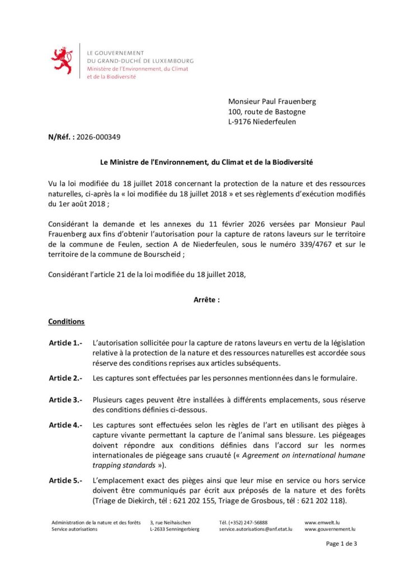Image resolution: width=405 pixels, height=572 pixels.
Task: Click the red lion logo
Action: point(62,60)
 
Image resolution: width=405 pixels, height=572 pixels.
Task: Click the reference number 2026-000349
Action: point(98,136)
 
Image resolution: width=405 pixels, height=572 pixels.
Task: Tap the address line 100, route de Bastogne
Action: point(267,112)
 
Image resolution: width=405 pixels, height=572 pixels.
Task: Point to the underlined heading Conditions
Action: point(67,322)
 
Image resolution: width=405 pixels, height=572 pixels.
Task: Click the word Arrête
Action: point(206,299)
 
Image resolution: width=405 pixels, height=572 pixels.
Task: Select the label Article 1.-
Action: point(65,342)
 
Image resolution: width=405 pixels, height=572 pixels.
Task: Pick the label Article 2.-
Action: point(65,378)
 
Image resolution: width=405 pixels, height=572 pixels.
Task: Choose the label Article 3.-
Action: point(65,399)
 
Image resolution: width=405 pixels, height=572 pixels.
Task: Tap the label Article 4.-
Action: point(65,425)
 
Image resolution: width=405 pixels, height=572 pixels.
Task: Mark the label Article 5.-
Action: point(65,480)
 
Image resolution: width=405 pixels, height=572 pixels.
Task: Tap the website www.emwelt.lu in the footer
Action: point(323,522)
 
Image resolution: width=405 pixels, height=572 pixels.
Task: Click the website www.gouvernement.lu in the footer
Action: point(330,528)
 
